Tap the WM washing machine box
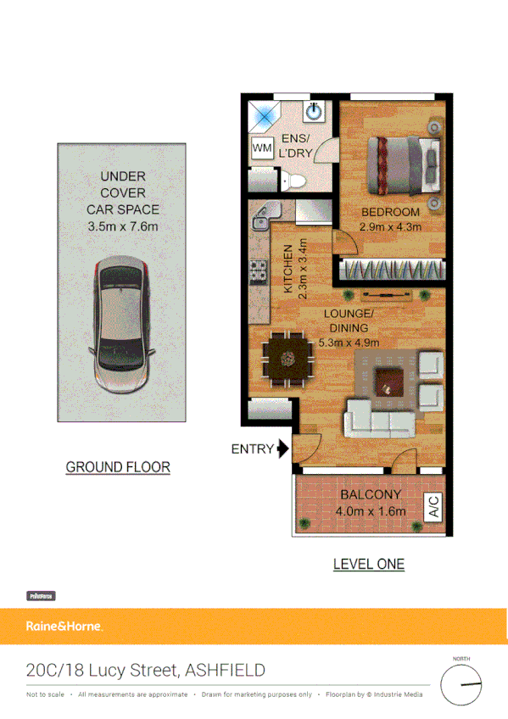261,148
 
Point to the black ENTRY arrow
282,449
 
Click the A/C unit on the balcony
433,506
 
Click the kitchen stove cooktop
257,273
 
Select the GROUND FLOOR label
118,467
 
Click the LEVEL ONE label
368,564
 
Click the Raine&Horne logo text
64,627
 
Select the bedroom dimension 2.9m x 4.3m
390,226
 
